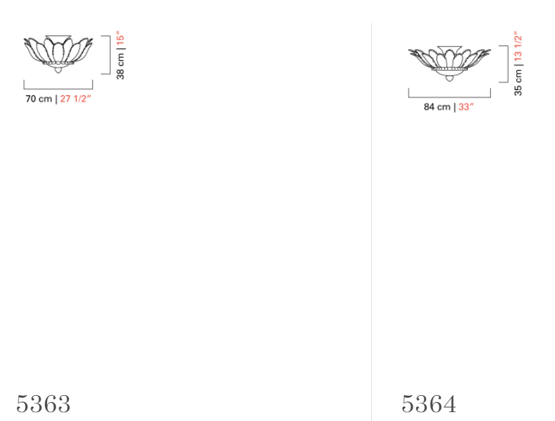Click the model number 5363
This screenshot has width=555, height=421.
click(43, 404)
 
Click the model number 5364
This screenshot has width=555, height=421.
click(428, 404)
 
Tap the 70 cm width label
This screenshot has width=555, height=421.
click(39, 99)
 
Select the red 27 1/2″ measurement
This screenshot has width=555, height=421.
click(76, 99)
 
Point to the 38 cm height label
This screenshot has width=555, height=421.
click(121, 66)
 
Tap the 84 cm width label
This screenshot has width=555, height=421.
click(437, 106)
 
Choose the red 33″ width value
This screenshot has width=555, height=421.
click(466, 106)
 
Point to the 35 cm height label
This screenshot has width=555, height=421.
click(518, 82)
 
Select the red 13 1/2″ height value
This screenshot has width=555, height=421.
click(518, 46)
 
